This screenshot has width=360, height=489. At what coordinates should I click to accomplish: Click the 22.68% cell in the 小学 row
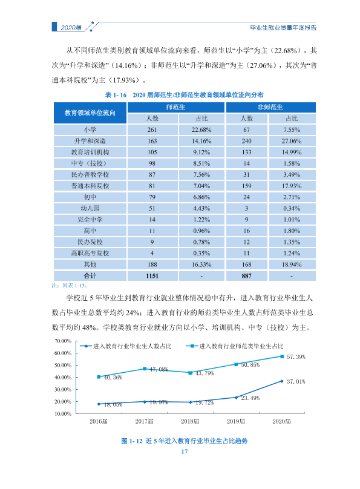(201, 130)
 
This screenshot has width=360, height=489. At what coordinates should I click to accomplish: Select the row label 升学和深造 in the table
(90, 141)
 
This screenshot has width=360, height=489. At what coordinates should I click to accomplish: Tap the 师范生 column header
(176, 107)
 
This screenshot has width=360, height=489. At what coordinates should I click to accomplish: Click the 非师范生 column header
(270, 107)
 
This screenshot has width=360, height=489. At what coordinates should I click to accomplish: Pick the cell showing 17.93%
(292, 186)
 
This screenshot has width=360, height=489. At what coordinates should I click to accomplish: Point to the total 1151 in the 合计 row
(152, 276)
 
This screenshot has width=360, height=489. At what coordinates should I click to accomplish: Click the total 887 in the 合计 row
(246, 276)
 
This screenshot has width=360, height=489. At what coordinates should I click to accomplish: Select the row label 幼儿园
(90, 208)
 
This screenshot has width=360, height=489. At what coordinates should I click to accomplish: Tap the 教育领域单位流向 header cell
(90, 113)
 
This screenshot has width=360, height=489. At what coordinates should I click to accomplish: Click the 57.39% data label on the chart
(296, 357)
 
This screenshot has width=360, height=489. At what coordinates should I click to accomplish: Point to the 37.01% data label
(296, 382)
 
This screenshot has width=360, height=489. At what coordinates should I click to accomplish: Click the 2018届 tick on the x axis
(190, 421)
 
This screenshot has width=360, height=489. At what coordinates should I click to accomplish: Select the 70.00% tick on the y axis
(63, 341)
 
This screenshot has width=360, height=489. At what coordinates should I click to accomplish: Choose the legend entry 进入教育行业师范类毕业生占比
(234, 346)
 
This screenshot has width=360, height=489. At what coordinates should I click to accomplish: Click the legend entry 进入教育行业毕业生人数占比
(126, 346)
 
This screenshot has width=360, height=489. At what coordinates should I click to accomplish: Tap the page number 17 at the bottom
(185, 451)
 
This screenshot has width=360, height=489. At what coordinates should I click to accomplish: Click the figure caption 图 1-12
(132, 441)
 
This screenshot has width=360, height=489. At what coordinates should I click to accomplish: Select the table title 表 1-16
(116, 95)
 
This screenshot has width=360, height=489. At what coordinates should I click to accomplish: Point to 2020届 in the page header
(71, 28)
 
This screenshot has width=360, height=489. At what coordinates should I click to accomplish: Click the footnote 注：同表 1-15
(70, 286)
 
